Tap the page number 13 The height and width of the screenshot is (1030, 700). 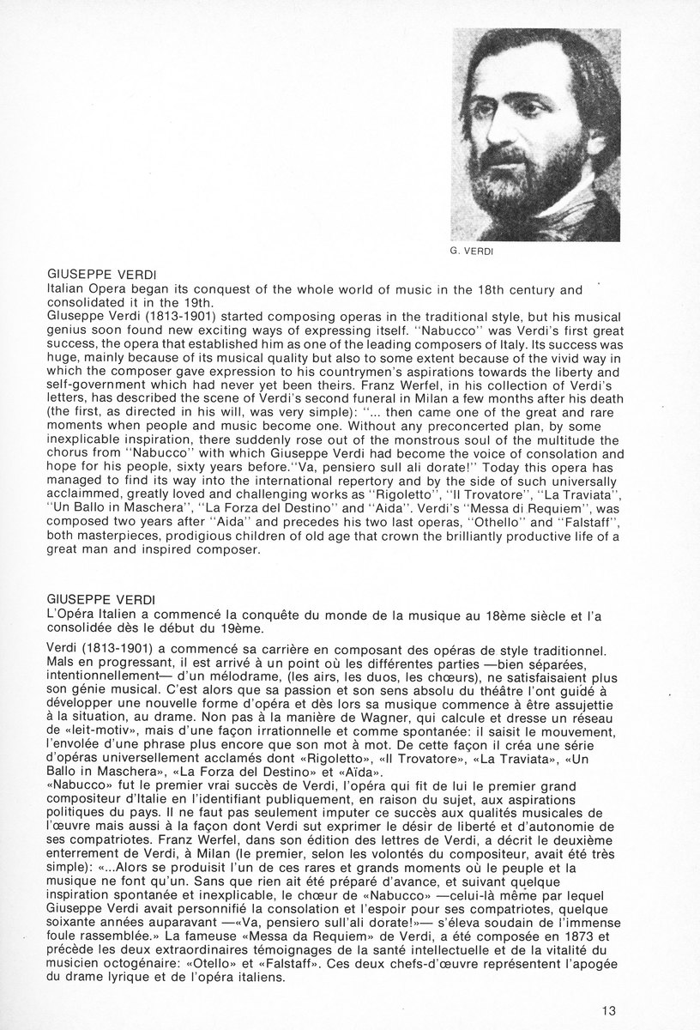(607, 1009)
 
